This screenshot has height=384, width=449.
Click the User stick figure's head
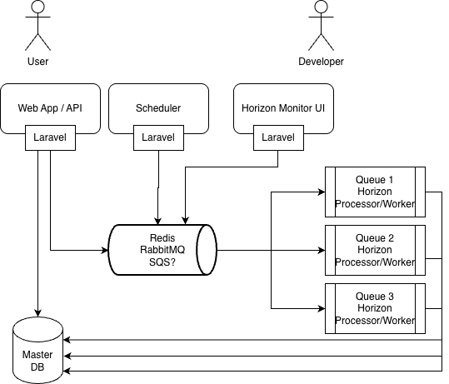(x=37, y=7)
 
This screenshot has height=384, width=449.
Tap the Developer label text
(x=321, y=62)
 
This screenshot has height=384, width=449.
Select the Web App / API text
(x=50, y=108)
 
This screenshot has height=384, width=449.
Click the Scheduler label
(x=158, y=108)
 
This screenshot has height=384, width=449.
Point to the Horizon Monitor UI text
(x=283, y=108)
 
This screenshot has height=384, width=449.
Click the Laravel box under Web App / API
(x=50, y=137)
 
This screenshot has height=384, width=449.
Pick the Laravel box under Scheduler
(x=158, y=137)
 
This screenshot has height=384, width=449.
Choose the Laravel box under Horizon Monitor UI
(x=278, y=137)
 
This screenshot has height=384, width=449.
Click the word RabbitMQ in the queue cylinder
(x=162, y=250)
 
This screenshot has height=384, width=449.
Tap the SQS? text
(x=162, y=262)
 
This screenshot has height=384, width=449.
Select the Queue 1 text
(x=375, y=180)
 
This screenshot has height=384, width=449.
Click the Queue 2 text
(x=375, y=238)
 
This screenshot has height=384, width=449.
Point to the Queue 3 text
(x=375, y=296)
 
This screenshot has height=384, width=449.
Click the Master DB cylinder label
(x=37, y=361)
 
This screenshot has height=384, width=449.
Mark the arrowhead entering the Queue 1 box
(x=322, y=192)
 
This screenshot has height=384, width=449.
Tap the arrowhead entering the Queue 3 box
(x=322, y=309)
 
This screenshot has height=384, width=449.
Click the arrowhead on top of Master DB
(x=37, y=313)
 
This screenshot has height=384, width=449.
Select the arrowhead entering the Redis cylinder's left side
(x=105, y=250)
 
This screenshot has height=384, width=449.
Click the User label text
(x=37, y=62)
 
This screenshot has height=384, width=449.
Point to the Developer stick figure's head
(x=321, y=7)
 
